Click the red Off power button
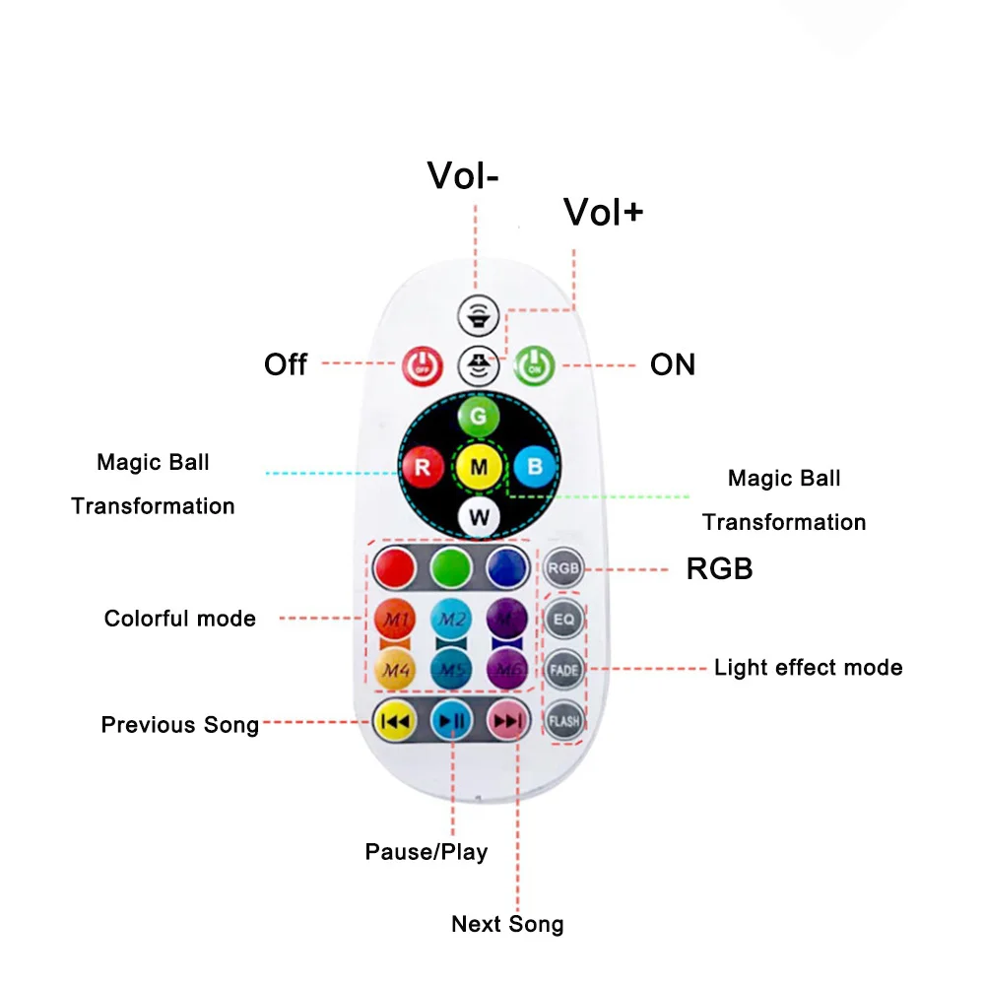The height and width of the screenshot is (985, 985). (423, 365)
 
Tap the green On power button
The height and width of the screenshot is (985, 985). (535, 365)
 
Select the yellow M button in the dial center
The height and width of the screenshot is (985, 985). (479, 467)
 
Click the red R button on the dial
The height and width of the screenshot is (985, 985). (423, 467)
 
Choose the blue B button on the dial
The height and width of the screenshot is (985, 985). (535, 467)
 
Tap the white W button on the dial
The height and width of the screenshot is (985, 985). (479, 517)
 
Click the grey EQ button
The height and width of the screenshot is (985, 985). (564, 620)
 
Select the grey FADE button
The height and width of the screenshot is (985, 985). (564, 670)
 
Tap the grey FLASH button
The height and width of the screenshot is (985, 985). (564, 721)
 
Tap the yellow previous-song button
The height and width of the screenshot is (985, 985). (396, 722)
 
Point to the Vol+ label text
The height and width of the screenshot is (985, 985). (603, 212)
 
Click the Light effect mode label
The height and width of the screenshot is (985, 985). (808, 668)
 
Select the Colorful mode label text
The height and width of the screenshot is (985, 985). (180, 619)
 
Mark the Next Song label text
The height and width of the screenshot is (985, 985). (507, 924)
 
